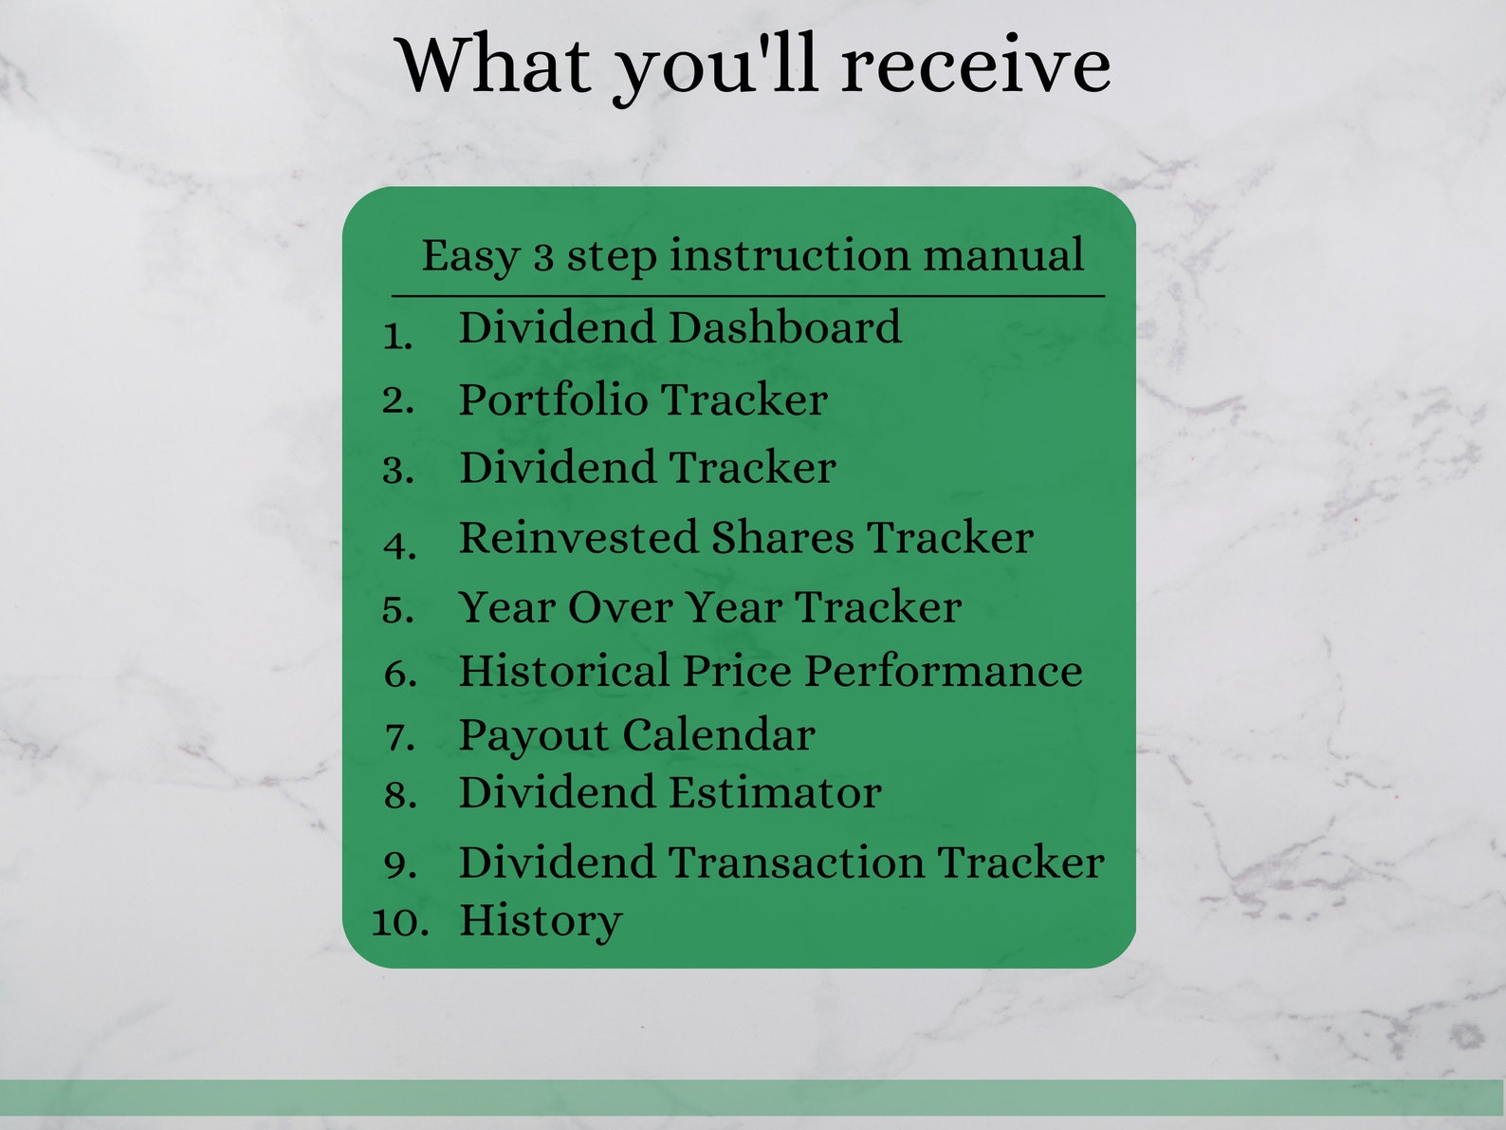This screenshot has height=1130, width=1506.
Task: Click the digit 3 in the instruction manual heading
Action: [542, 258]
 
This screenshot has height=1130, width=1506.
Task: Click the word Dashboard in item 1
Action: [784, 327]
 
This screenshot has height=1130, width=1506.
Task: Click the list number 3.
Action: [398, 471]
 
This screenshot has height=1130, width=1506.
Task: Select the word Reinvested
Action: [578, 538]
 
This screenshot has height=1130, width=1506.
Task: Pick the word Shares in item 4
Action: [782, 538]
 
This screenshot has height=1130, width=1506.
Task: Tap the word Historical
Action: [564, 671]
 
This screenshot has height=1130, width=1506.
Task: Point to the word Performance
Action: [944, 671]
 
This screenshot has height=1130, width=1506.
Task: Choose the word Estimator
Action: [775, 793]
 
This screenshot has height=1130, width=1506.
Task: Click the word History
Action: [541, 921]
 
